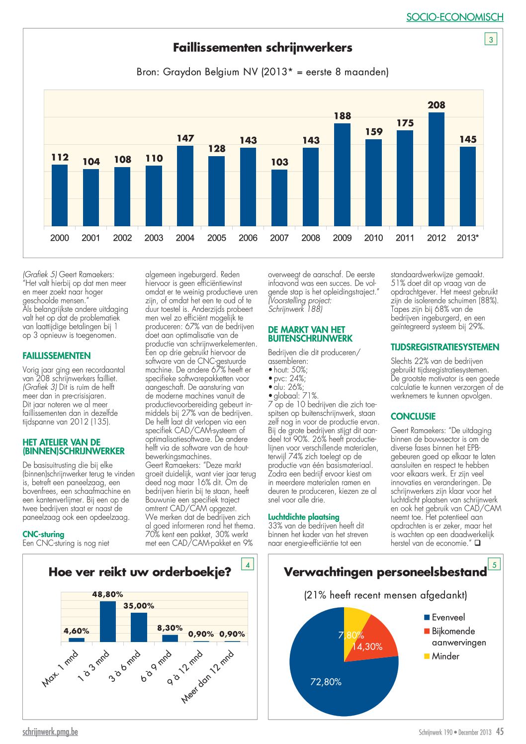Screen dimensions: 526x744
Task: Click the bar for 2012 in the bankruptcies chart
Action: coord(436,170)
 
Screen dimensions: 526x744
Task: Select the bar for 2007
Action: coord(279,198)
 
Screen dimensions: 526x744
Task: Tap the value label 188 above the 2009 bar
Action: coord(343,116)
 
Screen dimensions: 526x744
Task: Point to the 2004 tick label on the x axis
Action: coord(185,238)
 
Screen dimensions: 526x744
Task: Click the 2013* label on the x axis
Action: coord(468,238)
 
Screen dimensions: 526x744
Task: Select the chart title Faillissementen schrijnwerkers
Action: coord(263,48)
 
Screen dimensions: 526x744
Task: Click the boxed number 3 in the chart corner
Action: coord(491,40)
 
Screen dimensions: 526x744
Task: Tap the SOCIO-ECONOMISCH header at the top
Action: coord(455,17)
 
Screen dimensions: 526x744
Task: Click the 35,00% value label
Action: coord(139,606)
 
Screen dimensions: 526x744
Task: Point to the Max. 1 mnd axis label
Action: coord(60,668)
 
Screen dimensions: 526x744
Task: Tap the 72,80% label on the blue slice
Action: coord(326,682)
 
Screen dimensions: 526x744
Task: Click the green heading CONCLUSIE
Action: coord(413,416)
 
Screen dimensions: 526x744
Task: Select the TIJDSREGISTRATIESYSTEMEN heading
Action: coord(445,347)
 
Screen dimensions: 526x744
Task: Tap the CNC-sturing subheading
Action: coord(43,535)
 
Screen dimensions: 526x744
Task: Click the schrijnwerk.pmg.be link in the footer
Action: coord(50,732)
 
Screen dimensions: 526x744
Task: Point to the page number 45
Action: coord(500,732)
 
